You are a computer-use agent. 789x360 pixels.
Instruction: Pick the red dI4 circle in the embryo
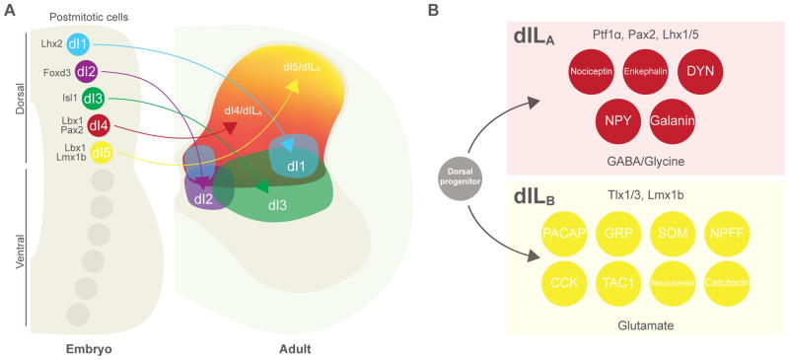pyautogui.click(x=99, y=125)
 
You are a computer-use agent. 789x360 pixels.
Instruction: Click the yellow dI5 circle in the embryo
pyautogui.click(x=99, y=153)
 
